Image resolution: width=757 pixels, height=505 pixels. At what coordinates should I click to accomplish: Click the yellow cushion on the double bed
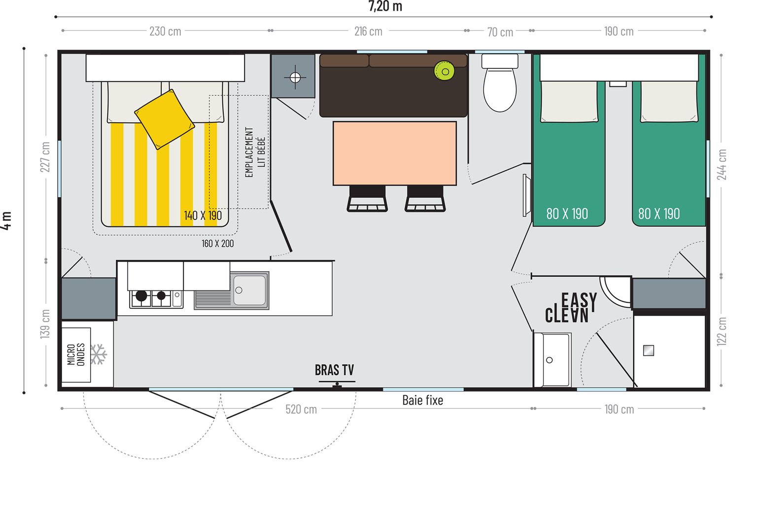point(165,119)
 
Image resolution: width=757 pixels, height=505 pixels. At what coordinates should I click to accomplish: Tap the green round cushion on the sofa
point(444,71)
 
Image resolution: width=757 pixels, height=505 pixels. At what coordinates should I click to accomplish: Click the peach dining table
point(395,153)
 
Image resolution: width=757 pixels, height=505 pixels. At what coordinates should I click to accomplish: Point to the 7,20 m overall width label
point(385,6)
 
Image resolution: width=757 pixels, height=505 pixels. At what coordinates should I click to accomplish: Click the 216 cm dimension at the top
point(368,32)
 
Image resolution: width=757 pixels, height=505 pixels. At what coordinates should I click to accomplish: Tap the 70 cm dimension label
point(500,32)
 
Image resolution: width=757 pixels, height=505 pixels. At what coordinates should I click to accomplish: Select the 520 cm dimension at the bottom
point(301,409)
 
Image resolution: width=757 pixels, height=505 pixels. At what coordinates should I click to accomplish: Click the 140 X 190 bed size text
point(203,216)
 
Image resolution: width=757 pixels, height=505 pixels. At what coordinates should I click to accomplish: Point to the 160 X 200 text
point(218,244)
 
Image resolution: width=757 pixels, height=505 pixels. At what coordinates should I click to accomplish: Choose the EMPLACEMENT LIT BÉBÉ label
point(255,152)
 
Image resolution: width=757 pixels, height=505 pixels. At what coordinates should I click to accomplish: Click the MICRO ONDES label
point(76,355)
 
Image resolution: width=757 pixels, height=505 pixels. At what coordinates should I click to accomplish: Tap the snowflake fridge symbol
point(99,355)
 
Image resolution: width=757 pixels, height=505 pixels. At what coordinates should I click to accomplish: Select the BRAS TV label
point(334,370)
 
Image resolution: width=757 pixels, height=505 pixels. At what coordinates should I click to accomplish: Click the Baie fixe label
point(422,400)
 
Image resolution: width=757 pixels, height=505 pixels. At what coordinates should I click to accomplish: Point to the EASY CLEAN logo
point(571,308)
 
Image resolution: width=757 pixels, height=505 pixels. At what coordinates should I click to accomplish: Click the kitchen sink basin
point(249,290)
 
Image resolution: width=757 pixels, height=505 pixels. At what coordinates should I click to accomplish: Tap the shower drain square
point(649,351)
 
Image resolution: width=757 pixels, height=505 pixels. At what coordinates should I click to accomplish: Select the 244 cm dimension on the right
point(722,165)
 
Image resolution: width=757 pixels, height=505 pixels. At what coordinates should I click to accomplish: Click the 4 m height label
point(6,220)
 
